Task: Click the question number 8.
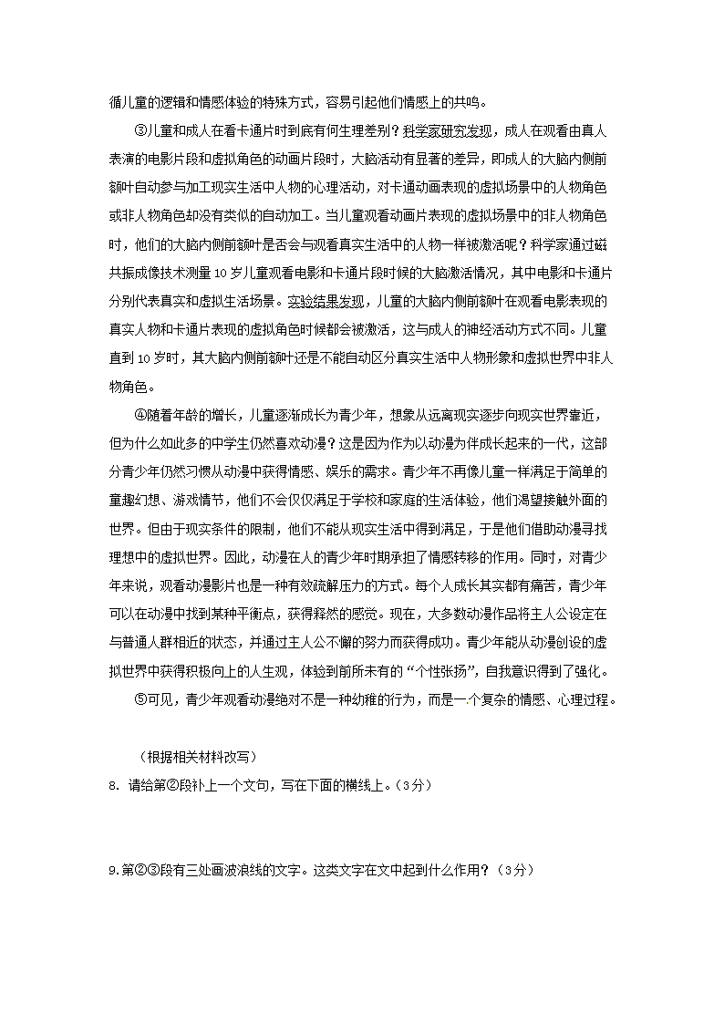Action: point(111,787)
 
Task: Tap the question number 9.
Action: point(111,871)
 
